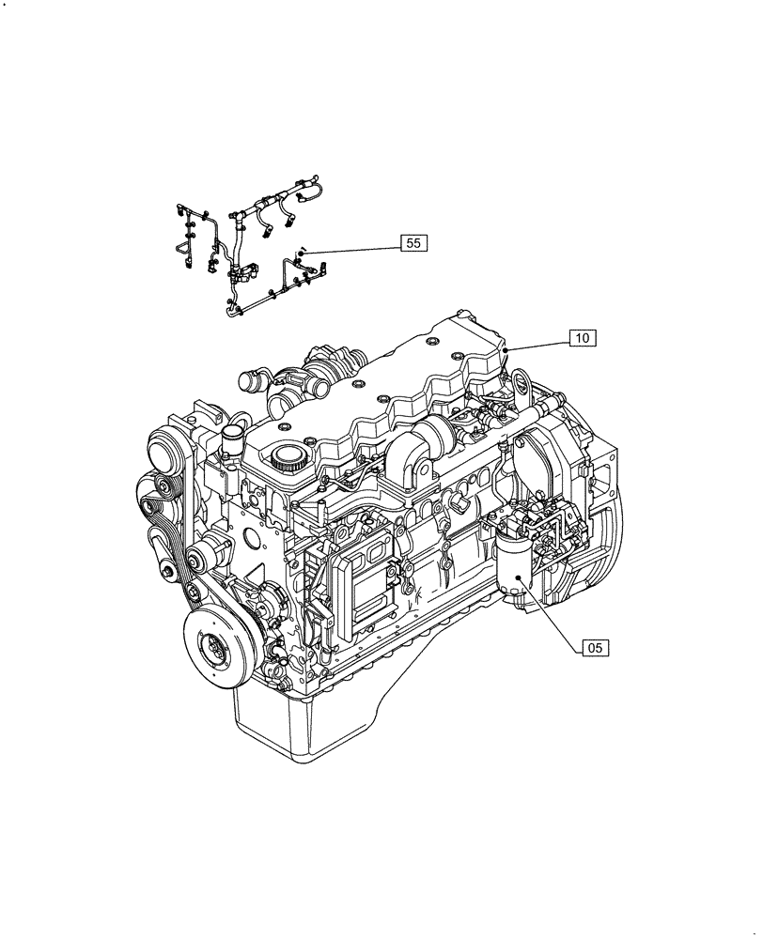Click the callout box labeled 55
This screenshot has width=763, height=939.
pos(413,243)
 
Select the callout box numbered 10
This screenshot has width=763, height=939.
pos(583,338)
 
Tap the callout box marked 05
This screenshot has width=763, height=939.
pos(595,647)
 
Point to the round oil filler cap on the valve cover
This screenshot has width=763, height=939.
pos(287,459)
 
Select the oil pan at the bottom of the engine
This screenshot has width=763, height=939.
pos(310,723)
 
